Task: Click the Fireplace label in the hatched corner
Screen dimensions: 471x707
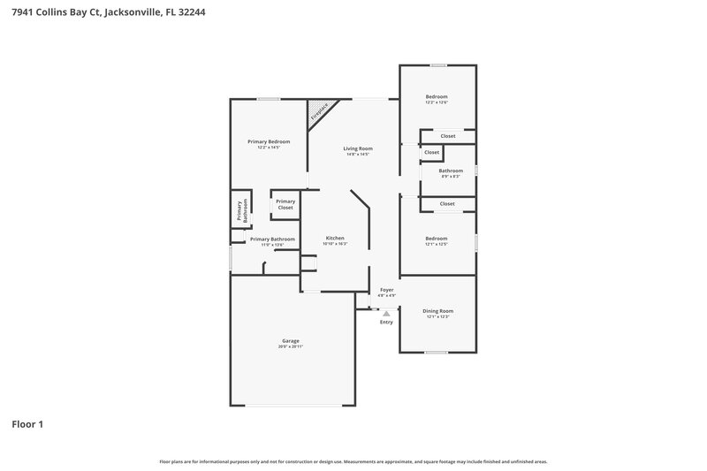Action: pos(319,112)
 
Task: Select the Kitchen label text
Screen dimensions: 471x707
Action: pos(335,239)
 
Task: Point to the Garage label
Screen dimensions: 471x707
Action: pos(291,341)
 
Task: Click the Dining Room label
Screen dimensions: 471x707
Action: pos(438,311)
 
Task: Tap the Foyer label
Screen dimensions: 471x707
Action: pos(386,290)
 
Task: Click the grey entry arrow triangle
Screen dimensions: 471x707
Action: pos(386,313)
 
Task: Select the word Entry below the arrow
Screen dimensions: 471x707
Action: pos(386,322)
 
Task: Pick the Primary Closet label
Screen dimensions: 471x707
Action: pos(285,204)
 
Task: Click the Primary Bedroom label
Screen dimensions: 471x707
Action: pos(269,141)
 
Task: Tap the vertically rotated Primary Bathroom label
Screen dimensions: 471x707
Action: pos(240,209)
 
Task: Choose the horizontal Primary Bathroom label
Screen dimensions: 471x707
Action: pos(272,239)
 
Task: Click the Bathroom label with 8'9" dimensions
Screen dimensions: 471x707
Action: pos(451,171)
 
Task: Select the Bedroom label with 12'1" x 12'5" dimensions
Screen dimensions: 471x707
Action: pos(437,238)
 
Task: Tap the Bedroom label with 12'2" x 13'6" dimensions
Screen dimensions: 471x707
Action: pos(437,96)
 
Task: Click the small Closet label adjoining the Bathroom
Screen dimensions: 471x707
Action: pos(431,152)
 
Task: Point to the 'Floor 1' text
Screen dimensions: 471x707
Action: pos(27,424)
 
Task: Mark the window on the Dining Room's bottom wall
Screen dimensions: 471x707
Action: pos(436,353)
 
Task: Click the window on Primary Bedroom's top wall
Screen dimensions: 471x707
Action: pos(269,99)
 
